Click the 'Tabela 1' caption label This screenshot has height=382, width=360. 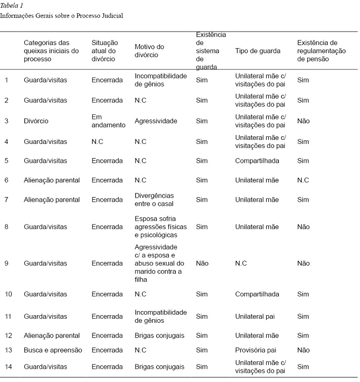(x=12, y=6)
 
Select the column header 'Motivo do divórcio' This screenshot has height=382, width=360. (x=149, y=51)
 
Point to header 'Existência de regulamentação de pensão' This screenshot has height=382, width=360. (x=321, y=51)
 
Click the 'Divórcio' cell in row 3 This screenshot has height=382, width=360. (x=36, y=121)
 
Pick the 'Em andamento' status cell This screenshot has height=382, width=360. (x=108, y=121)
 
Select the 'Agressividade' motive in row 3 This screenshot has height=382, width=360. (x=156, y=121)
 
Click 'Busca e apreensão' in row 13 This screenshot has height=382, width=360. (x=53, y=350)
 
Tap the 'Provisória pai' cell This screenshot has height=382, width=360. (x=256, y=350)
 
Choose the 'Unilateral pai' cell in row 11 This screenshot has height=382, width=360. (x=255, y=317)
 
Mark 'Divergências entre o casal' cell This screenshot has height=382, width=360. (x=154, y=200)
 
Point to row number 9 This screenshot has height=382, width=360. (x=7, y=263)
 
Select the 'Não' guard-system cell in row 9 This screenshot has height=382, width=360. (x=202, y=263)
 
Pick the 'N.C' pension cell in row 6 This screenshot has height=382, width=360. (x=303, y=180)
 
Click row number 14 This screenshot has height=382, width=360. (x=8, y=366)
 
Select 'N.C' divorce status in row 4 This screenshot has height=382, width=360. (x=97, y=142)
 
